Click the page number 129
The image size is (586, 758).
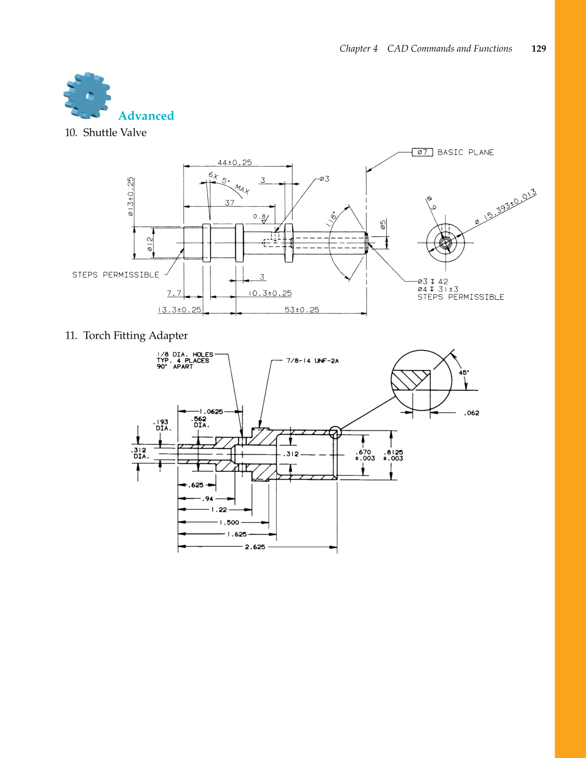click(x=538, y=49)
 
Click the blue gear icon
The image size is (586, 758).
click(x=87, y=96)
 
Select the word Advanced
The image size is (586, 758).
click(x=146, y=116)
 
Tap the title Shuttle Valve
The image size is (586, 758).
click(x=115, y=133)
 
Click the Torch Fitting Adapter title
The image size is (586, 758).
click(x=135, y=336)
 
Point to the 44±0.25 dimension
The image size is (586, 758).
click(x=235, y=163)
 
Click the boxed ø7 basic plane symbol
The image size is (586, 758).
click(x=422, y=152)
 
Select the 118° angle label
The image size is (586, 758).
click(x=331, y=218)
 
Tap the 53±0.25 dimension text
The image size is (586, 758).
click(x=302, y=310)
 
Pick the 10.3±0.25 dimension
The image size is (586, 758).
click(x=270, y=293)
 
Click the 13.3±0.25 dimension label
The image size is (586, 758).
click(x=179, y=310)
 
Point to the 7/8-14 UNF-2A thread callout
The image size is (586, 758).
click(x=312, y=361)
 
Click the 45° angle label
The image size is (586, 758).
click(x=464, y=372)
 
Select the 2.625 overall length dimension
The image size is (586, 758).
click(x=255, y=547)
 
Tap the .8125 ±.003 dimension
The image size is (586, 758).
click(x=393, y=455)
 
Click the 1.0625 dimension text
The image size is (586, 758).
click(x=211, y=412)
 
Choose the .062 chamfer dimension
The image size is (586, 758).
click(x=471, y=413)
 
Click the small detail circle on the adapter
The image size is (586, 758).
click(x=335, y=432)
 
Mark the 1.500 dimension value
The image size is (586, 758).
click(x=229, y=523)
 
